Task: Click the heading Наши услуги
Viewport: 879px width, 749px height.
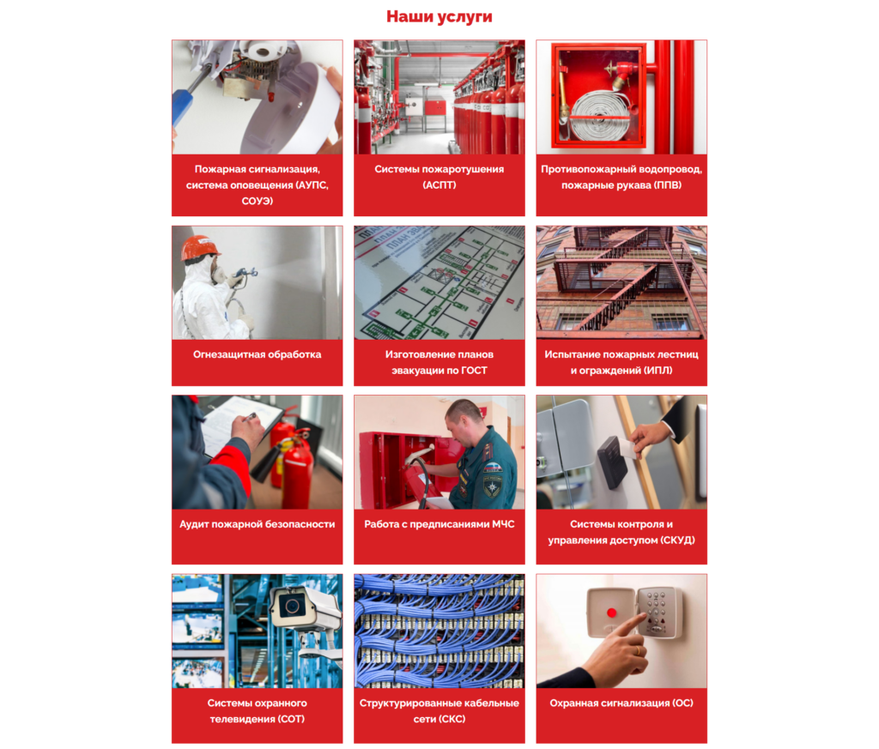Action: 439,17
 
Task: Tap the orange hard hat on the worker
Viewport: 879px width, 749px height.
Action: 199,248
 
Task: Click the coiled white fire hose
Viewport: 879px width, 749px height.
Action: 600,116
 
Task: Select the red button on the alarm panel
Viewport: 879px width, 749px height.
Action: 611,613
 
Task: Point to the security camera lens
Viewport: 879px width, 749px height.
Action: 292,606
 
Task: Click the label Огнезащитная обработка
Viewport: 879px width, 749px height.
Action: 258,354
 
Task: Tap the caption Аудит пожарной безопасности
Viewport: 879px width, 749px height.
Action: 258,524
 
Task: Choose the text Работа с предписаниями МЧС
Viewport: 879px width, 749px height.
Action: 439,524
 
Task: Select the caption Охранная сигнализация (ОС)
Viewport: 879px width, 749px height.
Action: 621,703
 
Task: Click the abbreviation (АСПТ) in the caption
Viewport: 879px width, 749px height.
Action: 439,184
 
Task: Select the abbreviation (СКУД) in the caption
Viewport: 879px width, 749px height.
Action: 678,540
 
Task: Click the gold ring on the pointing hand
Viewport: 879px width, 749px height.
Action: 638,650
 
